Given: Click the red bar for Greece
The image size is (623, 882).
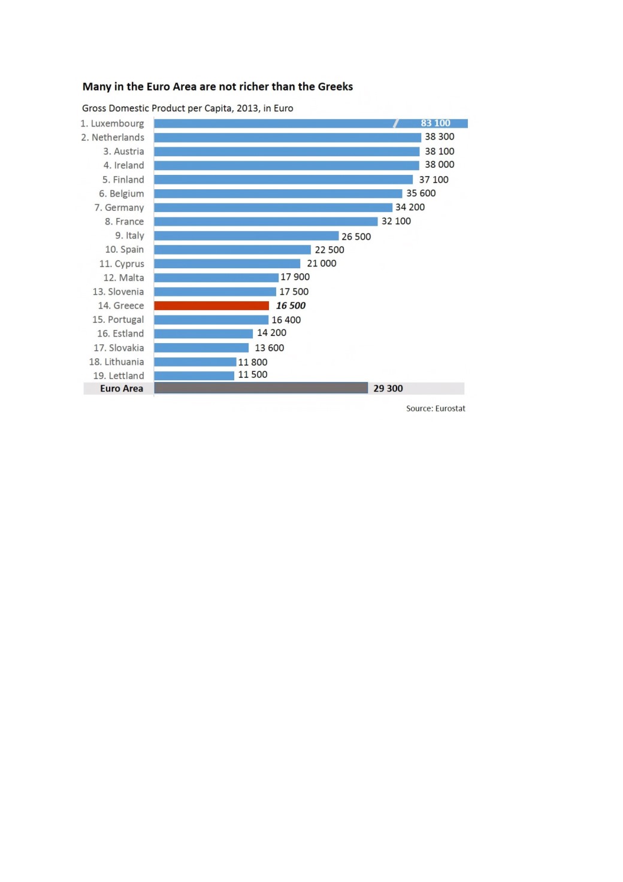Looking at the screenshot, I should (x=211, y=306).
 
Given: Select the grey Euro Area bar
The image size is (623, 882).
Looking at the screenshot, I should (x=261, y=388).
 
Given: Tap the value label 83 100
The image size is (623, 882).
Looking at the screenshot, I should (x=435, y=123).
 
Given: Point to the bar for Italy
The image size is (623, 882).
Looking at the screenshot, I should (x=246, y=236).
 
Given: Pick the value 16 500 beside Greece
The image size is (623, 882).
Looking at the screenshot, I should (x=291, y=306).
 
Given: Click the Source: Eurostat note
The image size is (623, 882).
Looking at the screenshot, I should (x=436, y=408).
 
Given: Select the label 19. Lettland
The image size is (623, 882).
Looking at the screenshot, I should (x=119, y=376).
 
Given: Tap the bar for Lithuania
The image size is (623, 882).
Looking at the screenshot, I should (x=195, y=362).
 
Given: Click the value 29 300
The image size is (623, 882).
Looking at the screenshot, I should (x=388, y=389).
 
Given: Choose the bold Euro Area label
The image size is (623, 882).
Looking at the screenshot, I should (x=122, y=389).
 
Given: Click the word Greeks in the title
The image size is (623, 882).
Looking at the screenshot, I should (x=335, y=87).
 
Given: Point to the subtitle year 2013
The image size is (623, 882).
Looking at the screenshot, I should (x=247, y=108).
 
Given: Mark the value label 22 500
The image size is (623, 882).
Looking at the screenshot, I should (x=329, y=250).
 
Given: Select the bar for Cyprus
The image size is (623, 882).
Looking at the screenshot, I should (x=227, y=264).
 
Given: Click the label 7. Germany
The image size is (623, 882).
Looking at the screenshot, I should (x=119, y=208).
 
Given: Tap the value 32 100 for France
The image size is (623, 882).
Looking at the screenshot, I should (x=396, y=222).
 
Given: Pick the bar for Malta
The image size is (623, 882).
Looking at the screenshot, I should (x=216, y=278).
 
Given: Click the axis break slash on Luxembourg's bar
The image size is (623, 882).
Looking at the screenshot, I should (x=396, y=123).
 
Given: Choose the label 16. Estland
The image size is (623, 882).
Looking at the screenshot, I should (x=120, y=334).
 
